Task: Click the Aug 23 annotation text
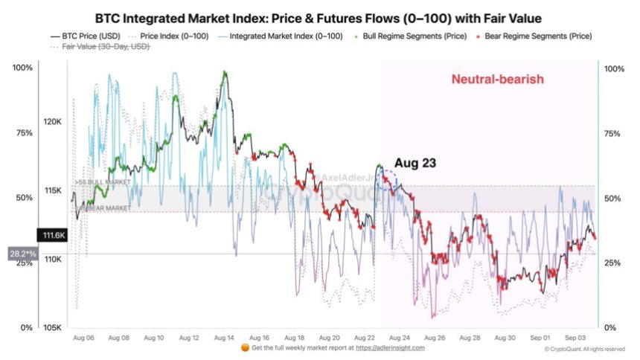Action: (415, 161)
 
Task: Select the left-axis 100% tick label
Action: (22, 68)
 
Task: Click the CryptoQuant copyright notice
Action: (584, 348)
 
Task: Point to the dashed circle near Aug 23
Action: (387, 181)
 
